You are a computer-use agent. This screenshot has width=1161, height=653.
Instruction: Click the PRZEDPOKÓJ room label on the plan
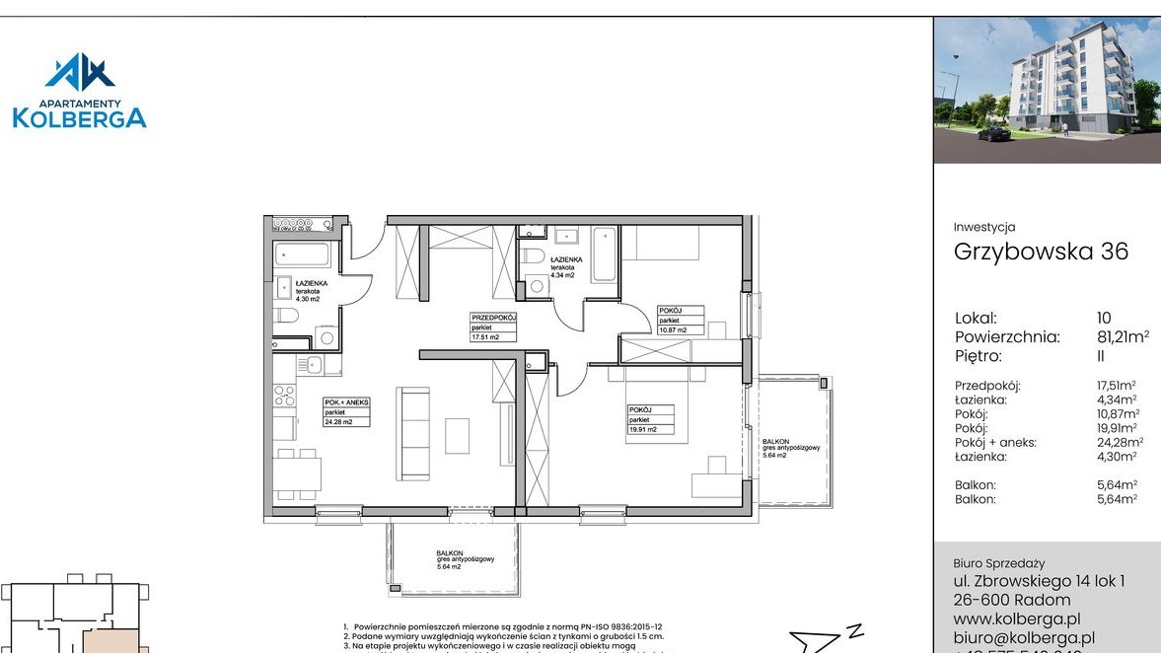pyautogui.click(x=493, y=326)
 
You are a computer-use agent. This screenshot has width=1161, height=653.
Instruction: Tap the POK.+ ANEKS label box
pyautogui.click(x=346, y=411)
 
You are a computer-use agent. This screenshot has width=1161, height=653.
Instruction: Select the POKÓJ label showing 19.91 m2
pyautogui.click(x=649, y=419)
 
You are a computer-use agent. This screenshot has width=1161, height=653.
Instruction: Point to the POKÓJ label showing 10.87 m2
pyautogui.click(x=682, y=321)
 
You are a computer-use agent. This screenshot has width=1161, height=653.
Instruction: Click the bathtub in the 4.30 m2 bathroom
pyautogui.click(x=303, y=254)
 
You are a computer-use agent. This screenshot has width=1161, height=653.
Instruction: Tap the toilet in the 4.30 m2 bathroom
pyautogui.click(x=287, y=316)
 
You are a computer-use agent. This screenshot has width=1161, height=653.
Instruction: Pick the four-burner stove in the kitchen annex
pyautogui.click(x=284, y=396)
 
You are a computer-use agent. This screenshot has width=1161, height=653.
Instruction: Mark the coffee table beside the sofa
pyautogui.click(x=458, y=435)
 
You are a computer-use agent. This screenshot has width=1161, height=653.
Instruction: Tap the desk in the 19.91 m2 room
pyautogui.click(x=717, y=482)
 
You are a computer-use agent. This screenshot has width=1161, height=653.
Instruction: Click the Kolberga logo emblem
pyautogui.click(x=80, y=73)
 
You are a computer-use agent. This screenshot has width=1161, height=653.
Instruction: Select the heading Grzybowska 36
pyautogui.click(x=1041, y=251)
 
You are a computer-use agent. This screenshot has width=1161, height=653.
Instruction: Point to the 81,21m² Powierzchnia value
pyautogui.click(x=1123, y=337)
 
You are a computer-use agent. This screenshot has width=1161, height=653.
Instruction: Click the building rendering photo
pyautogui.click(x=1047, y=90)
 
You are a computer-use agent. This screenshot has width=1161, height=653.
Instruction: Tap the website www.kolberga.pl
pyautogui.click(x=1017, y=618)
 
